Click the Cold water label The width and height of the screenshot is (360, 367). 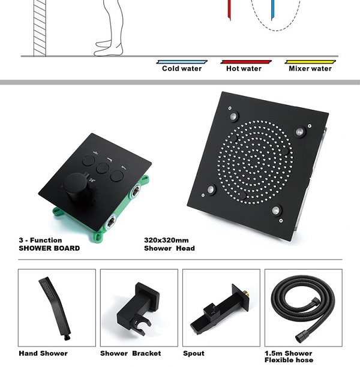click(182, 68)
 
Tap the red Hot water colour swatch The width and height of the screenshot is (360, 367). click(244, 61)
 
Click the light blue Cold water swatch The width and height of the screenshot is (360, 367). click(182, 61)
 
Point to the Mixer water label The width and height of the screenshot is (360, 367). click(310, 68)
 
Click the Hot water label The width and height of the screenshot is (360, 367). click(244, 68)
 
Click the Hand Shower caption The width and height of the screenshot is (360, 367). click(43, 353)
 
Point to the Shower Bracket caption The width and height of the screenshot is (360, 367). click(131, 353)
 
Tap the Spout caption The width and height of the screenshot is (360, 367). click(194, 353)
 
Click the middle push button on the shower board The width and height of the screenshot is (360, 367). click(103, 168)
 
